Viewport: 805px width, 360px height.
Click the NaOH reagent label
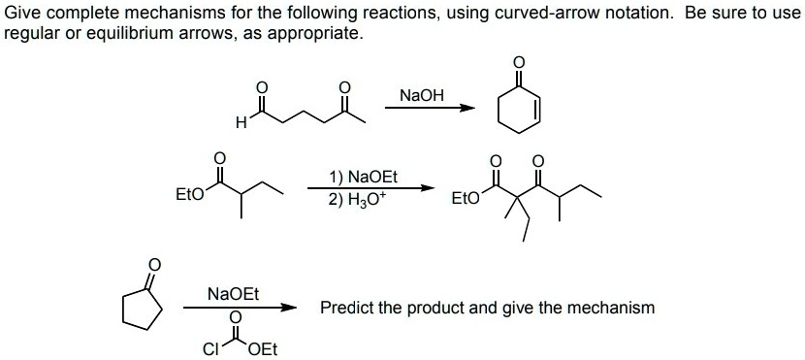tap(422, 95)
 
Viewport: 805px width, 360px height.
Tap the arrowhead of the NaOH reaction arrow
tap(469, 108)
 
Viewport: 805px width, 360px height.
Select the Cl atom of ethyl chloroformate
tap(207, 349)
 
